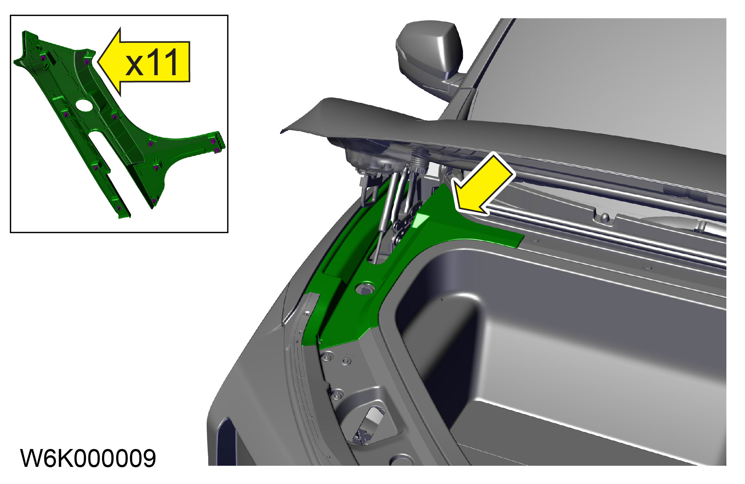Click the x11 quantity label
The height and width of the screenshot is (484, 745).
(152, 63)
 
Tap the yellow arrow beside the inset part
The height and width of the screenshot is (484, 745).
(144, 62)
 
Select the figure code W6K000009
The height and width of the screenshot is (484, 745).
(88, 458)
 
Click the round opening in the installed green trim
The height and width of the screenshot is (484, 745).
(365, 288)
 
